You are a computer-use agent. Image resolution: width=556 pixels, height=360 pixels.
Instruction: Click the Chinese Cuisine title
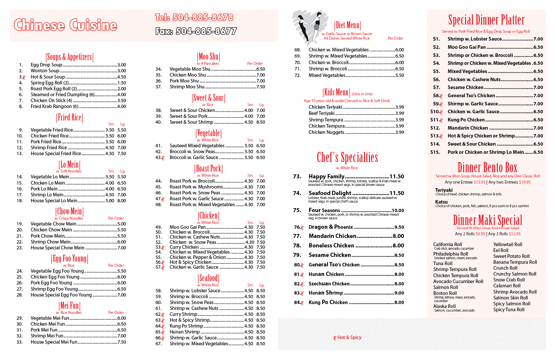(65, 26)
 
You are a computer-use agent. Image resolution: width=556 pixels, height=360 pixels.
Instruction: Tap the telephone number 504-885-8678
(194, 17)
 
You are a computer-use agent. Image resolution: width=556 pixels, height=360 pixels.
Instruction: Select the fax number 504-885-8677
(196, 31)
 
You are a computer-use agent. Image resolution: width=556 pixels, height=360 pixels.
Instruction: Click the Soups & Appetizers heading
(70, 57)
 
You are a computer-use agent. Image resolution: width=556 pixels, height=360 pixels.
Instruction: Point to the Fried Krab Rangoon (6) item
(54, 106)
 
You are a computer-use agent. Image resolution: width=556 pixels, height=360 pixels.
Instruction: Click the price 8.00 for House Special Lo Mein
(122, 201)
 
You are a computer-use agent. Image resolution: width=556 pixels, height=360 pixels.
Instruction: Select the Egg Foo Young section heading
(70, 259)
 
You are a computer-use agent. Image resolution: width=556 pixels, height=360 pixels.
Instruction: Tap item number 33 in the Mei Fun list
(20, 342)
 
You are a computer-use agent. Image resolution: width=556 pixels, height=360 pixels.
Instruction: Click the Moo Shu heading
(209, 57)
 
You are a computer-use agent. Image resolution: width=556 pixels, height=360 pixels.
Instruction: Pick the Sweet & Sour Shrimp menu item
(191, 122)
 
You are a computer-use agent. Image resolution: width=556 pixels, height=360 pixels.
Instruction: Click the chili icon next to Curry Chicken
(163, 248)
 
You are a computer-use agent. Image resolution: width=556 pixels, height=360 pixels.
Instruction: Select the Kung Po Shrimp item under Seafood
(186, 326)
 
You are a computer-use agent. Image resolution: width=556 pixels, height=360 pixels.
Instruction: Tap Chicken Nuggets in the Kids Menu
(326, 132)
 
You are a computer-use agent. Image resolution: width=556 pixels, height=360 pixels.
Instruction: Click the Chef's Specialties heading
(347, 157)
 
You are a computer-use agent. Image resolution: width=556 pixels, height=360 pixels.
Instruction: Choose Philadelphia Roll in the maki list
(450, 254)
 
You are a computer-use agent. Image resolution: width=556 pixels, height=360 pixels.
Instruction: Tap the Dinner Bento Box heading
(487, 168)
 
